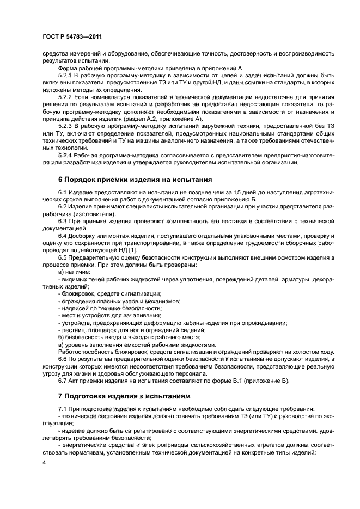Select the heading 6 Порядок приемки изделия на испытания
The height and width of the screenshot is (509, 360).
[x=131, y=179]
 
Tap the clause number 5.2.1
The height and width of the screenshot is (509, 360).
[x=66, y=75]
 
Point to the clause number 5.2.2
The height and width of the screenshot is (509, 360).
[x=66, y=97]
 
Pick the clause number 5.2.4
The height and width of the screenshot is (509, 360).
[x=66, y=155]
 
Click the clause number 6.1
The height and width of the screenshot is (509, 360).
[x=63, y=193]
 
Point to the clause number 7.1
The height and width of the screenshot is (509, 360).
[x=63, y=409]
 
